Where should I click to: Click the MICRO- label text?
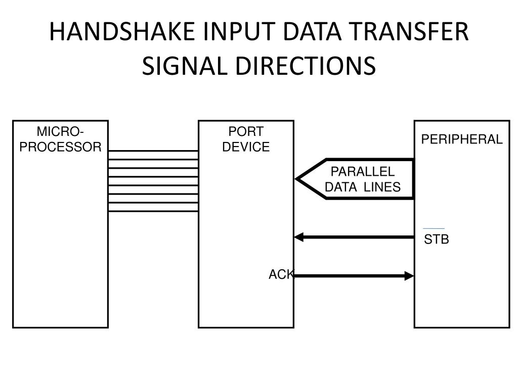[60, 132]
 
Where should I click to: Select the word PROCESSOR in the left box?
[60, 148]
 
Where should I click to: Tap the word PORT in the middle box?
[246, 132]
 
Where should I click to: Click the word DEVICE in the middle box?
[246, 148]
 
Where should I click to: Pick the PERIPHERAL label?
[462, 140]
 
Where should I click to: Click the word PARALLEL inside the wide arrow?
[362, 172]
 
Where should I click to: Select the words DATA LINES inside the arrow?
[362, 187]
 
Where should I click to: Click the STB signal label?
[436, 239]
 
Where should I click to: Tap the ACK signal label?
[281, 274]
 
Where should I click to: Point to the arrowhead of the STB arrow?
[299, 237]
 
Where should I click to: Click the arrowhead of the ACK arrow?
[409, 276]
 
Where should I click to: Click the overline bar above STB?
[434, 229]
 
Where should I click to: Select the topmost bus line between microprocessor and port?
[153, 151]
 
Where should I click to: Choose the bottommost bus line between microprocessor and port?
[153, 211]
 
